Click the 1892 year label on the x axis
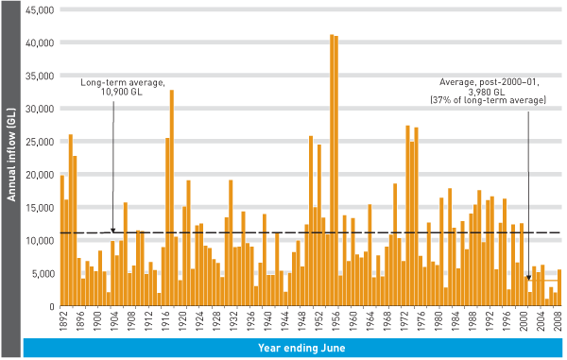(x=62, y=322)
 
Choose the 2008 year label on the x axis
(x=559, y=322)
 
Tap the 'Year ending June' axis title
(x=294, y=348)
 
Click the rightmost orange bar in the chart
(x=559, y=288)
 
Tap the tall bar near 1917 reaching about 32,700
(x=171, y=198)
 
